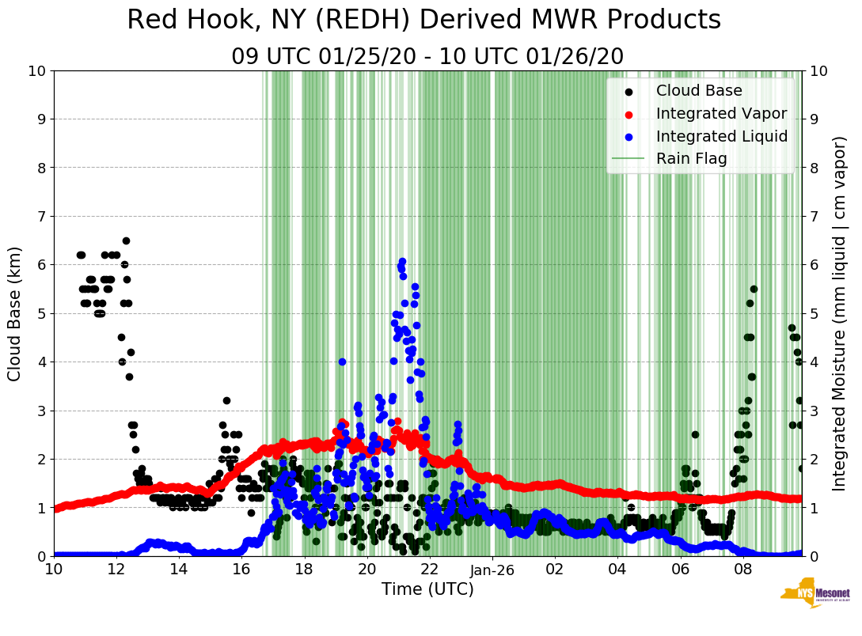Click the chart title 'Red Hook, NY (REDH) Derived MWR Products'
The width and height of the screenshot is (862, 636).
pyautogui.click(x=423, y=21)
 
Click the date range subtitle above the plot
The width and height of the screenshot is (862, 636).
pyautogui.click(x=427, y=57)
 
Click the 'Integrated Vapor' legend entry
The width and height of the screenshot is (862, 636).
pyautogui.click(x=721, y=113)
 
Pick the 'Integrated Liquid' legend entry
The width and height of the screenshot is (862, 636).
pyautogui.click(x=721, y=136)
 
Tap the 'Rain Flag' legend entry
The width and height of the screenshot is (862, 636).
pyautogui.click(x=691, y=159)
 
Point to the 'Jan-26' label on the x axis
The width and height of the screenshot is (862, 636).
pyautogui.click(x=492, y=569)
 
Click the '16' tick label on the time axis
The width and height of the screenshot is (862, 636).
pyautogui.click(x=241, y=569)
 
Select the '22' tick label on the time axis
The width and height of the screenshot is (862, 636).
pyautogui.click(x=429, y=569)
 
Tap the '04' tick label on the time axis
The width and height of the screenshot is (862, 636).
pyautogui.click(x=617, y=569)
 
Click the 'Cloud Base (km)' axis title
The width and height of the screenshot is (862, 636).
pyautogui.click(x=16, y=313)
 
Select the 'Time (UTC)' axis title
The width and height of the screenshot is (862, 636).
pyautogui.click(x=427, y=589)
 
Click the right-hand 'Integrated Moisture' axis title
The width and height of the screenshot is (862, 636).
pyautogui.click(x=840, y=313)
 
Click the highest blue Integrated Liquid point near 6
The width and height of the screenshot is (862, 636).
pyautogui.click(x=402, y=261)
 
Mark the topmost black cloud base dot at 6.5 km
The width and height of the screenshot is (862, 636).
pyautogui.click(x=126, y=240)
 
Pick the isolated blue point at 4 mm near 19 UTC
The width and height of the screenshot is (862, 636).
pyautogui.click(x=342, y=362)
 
